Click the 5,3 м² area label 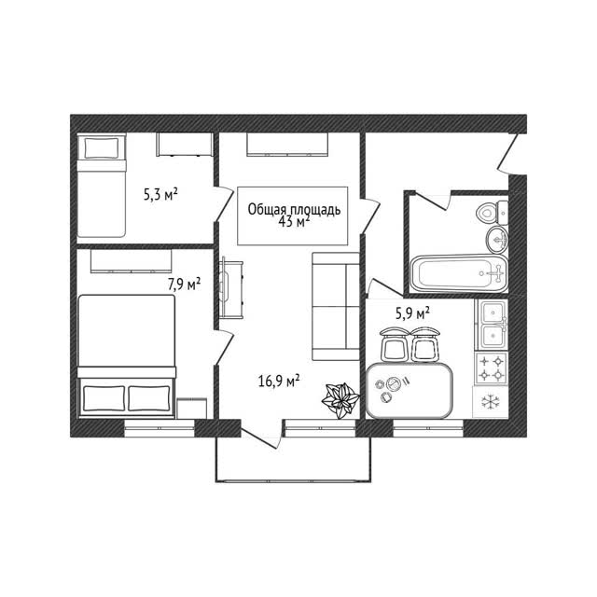[x=160, y=195]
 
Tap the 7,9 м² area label [x=185, y=284]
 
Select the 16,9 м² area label [x=279, y=381]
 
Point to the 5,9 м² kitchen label [x=412, y=313]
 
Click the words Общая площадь [x=294, y=209]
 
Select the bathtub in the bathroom [x=459, y=274]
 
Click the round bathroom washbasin [x=497, y=240]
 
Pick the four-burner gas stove [x=491, y=368]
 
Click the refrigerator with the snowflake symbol [x=491, y=402]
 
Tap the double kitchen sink [x=493, y=325]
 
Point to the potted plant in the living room [x=340, y=400]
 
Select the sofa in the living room [x=336, y=306]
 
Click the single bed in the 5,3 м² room [x=102, y=185]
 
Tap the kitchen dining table [x=410, y=390]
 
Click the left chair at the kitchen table [x=395, y=345]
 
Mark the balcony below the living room [x=293, y=460]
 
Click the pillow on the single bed [x=102, y=148]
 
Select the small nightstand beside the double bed [x=192, y=409]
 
